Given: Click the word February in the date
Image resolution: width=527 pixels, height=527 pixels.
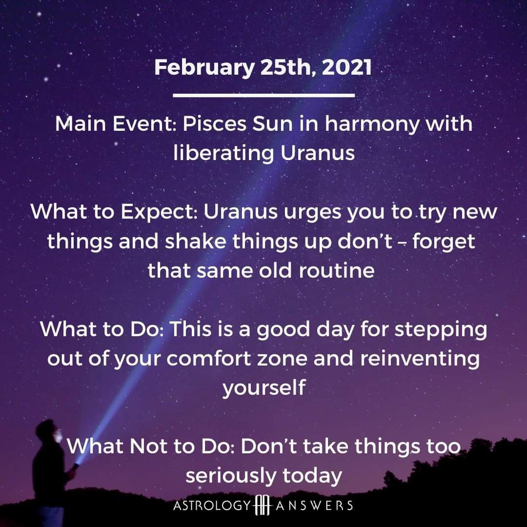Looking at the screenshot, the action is tap(204, 68).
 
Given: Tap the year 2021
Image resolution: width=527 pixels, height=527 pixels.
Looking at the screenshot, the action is tap(347, 67).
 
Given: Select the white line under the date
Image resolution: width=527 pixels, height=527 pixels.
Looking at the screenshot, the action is tap(264, 96).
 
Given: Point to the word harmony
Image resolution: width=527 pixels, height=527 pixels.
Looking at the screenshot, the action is tap(372, 124).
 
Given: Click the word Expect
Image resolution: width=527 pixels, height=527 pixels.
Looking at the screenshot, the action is tap(159, 212).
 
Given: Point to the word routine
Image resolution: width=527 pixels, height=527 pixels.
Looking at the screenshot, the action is tap(337, 270).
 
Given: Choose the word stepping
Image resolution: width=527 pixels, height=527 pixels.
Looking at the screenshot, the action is tap(441, 330).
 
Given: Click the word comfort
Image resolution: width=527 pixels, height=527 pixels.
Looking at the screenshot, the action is tap(208, 358).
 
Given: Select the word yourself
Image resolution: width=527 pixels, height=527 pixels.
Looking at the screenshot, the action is tap(264, 387).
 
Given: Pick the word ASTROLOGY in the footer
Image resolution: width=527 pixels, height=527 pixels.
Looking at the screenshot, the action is tap(212, 505).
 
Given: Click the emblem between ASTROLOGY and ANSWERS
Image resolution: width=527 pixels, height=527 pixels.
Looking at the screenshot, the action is tap(263, 505).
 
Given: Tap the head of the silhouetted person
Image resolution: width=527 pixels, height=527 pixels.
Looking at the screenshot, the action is tap(48, 431).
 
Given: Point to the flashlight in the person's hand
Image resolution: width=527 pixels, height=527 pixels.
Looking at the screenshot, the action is tap(76, 466).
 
